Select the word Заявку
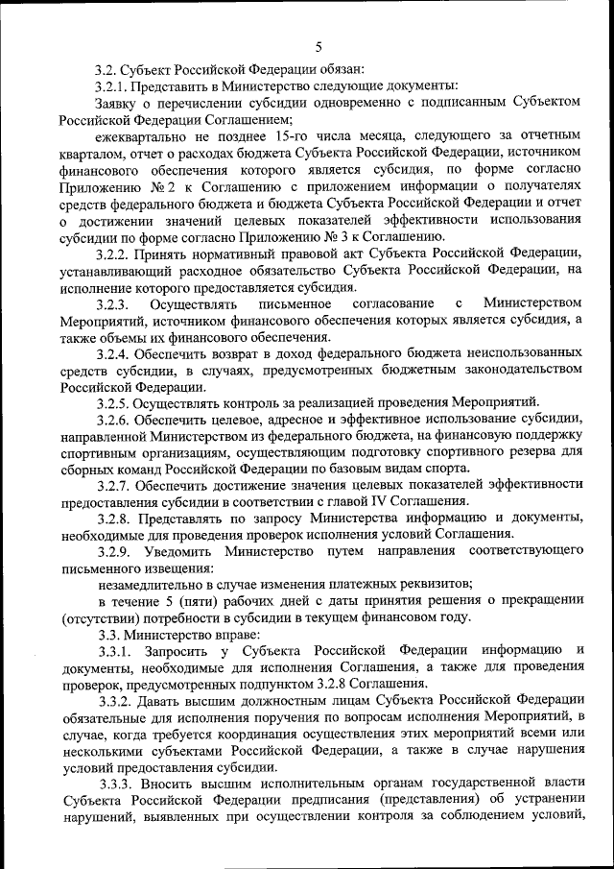[x=120, y=103]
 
